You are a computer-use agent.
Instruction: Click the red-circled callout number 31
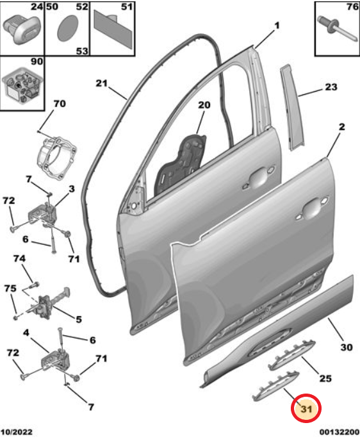(x=306, y=408)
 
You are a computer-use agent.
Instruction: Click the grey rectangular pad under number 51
(x=113, y=28)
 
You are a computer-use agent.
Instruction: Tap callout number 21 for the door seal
(x=102, y=83)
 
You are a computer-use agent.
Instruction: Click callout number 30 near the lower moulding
(x=346, y=347)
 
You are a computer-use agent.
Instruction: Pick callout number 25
(x=325, y=378)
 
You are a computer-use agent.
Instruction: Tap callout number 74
(x=19, y=258)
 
